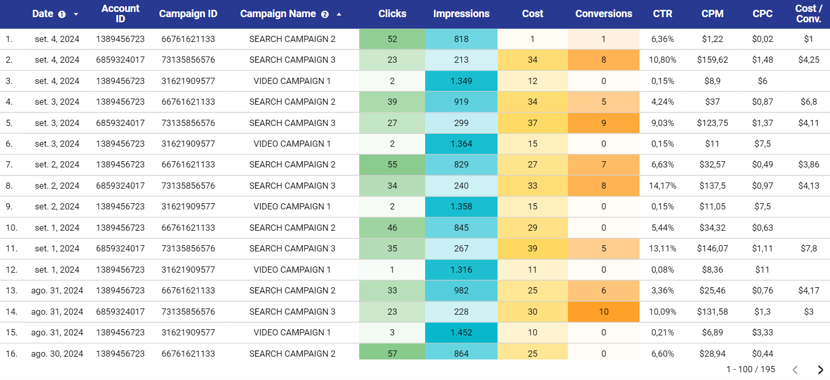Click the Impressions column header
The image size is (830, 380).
point(461,14)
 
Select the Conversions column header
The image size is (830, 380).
point(603,14)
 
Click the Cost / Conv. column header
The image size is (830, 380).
point(808,14)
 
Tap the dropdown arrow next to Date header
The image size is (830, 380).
point(76,15)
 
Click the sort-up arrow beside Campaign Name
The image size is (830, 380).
point(339,15)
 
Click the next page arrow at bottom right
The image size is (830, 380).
point(820,370)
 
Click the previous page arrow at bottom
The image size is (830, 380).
point(795,370)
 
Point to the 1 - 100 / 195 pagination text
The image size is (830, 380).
point(751,369)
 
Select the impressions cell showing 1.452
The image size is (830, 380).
point(461,332)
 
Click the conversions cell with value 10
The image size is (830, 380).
point(603,312)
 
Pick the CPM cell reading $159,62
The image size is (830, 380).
point(712,60)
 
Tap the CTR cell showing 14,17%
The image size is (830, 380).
point(662,186)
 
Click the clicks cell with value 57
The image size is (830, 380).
point(392,354)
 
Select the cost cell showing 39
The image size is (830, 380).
point(532,248)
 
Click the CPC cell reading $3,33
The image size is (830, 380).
point(762,332)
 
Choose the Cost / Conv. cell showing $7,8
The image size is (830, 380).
point(808,248)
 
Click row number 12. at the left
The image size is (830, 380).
point(11,270)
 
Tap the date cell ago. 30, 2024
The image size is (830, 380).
point(57,354)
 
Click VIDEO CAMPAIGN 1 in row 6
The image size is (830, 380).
point(292,144)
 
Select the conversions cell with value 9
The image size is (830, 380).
point(603,123)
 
